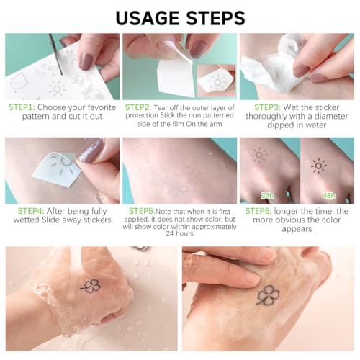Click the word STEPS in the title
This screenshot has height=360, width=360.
(x=215, y=18)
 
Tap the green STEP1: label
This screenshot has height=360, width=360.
(x=22, y=107)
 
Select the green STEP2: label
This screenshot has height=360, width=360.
(x=138, y=107)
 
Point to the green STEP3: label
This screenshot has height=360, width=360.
(x=268, y=107)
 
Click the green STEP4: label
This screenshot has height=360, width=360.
(x=31, y=211)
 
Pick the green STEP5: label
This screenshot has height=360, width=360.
(x=142, y=211)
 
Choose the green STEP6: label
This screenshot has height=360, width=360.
(x=258, y=211)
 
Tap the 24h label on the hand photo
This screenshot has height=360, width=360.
(x=267, y=196)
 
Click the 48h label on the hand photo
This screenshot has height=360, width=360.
(x=329, y=196)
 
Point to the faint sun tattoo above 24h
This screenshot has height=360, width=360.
(x=259, y=155)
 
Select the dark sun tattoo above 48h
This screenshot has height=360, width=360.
(x=319, y=166)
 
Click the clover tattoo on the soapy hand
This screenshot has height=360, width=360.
(x=91, y=286)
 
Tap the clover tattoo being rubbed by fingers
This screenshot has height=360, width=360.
(x=268, y=295)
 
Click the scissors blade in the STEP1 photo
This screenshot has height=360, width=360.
(x=55, y=54)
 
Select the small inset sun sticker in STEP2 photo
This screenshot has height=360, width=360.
(x=216, y=81)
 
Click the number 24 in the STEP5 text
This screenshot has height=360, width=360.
(x=170, y=233)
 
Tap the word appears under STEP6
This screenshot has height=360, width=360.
(x=297, y=229)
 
